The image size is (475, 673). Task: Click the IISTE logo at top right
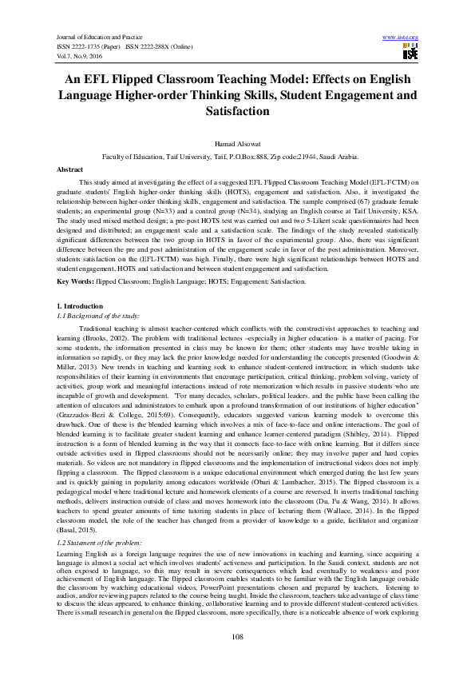(410, 52)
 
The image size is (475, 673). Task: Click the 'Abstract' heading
(69, 170)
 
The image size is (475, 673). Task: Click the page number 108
(237, 635)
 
